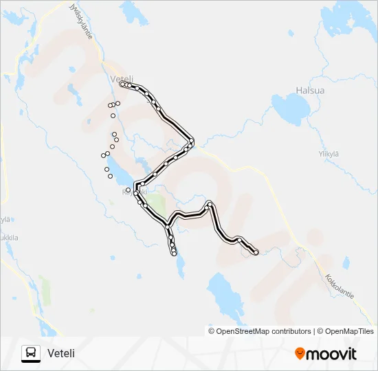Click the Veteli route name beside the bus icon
pyautogui.click(x=61, y=353)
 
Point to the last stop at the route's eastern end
pyautogui.click(x=256, y=253)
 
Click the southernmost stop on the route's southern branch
pyautogui.click(x=175, y=253)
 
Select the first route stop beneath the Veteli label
pyautogui.click(x=122, y=85)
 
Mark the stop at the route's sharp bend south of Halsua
pyautogui.click(x=192, y=142)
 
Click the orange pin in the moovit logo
pyautogui.click(x=300, y=354)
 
